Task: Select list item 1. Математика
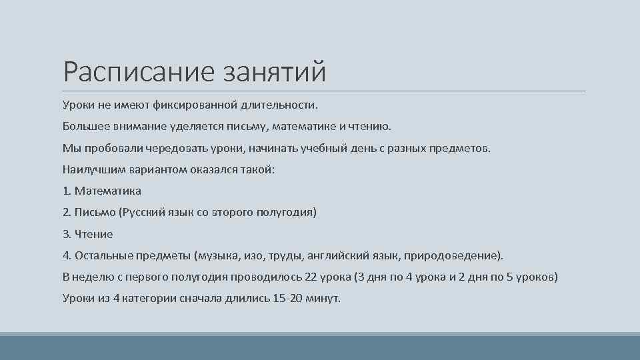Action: pos(102,191)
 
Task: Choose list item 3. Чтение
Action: pos(88,234)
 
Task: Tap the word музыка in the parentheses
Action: pos(219,255)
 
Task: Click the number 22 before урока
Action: pos(310,277)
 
